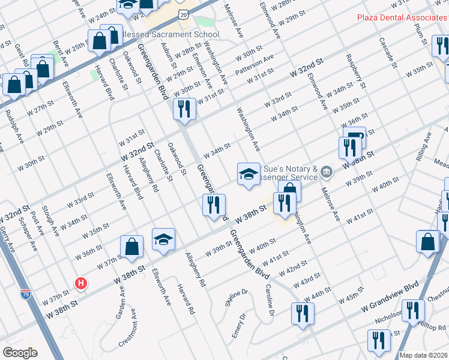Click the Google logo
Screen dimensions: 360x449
[x=20, y=353]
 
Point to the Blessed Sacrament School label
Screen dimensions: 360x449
[x=169, y=34]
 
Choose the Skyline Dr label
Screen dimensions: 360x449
[x=237, y=298]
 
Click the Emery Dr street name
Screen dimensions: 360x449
[x=238, y=325]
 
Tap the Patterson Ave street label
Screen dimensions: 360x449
[x=255, y=64]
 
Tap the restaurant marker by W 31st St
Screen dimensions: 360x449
[x=183, y=109]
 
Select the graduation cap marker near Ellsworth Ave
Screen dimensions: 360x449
[x=163, y=239]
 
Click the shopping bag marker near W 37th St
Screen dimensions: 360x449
[x=131, y=247]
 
